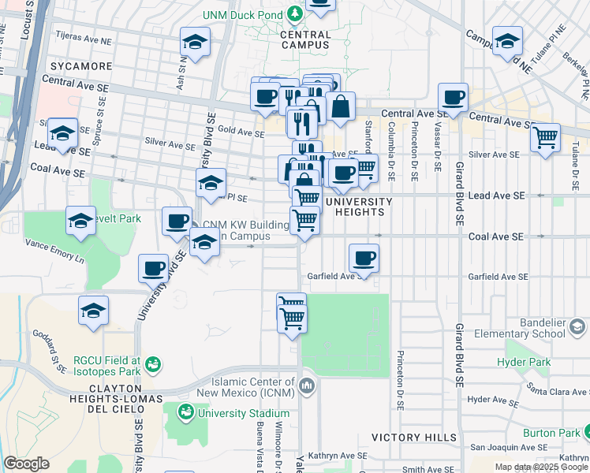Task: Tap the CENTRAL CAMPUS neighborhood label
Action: pos(305,40)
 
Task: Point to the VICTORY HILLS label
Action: pos(413,437)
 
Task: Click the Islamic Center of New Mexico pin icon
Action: pos(308,386)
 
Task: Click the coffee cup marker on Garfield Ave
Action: pos(364,258)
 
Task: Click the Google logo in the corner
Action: pos(26,464)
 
